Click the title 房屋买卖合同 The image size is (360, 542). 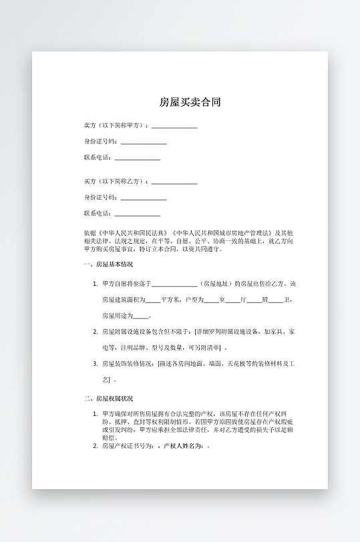190,103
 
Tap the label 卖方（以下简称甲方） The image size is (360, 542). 114,125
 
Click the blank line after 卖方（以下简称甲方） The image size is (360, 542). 174,126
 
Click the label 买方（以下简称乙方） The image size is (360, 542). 114,182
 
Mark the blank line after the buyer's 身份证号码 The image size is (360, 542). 144,198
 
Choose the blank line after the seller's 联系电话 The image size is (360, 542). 138,158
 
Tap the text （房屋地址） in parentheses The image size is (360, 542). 218,284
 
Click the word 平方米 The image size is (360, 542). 171,300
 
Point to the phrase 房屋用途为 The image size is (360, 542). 117,316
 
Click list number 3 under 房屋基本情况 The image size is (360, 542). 95,364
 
